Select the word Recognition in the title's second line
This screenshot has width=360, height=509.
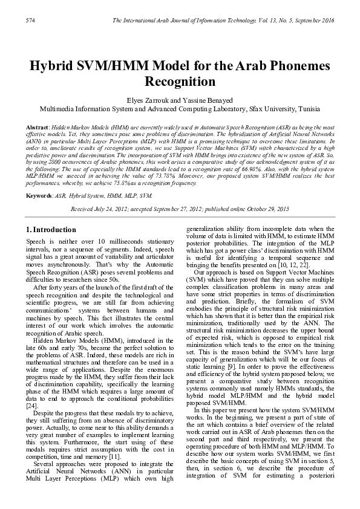tap(180, 81)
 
